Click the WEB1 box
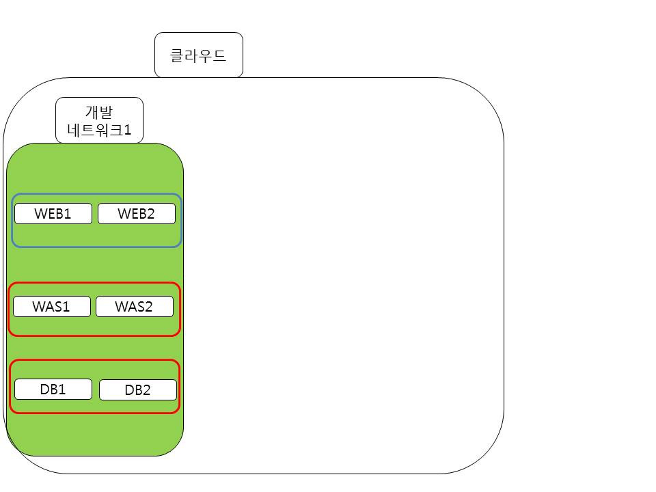53,213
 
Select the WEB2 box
137,213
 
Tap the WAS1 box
52,306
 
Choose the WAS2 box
135,306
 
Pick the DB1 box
53,389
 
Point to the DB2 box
138,390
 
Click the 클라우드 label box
199,55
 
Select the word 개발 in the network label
99,111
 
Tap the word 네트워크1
99,130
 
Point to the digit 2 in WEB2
150,214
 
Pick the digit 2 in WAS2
148,307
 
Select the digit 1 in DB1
61,389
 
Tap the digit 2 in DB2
146,390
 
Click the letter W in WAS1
39,307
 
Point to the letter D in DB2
129,390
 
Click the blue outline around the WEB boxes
96,193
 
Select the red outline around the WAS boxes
94,283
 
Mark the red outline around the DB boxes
94,360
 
